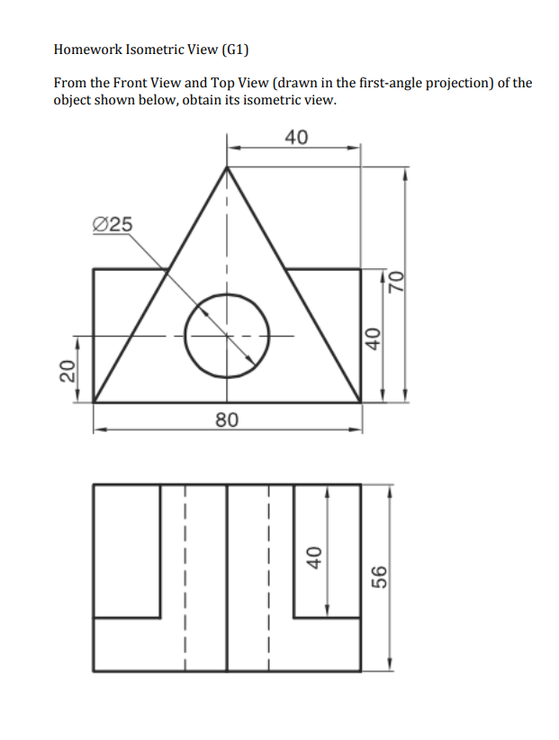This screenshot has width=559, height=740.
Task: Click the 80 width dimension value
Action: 227,418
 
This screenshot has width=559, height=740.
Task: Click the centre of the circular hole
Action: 227,336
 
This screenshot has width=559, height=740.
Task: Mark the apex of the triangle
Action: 227,167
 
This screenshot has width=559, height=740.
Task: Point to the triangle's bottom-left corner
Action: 95,402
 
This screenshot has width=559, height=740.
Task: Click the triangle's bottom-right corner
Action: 360,402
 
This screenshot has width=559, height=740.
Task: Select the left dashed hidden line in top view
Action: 185,576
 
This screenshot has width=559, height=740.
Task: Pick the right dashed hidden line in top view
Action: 268,576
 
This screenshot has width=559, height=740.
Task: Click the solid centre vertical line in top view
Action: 227,576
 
